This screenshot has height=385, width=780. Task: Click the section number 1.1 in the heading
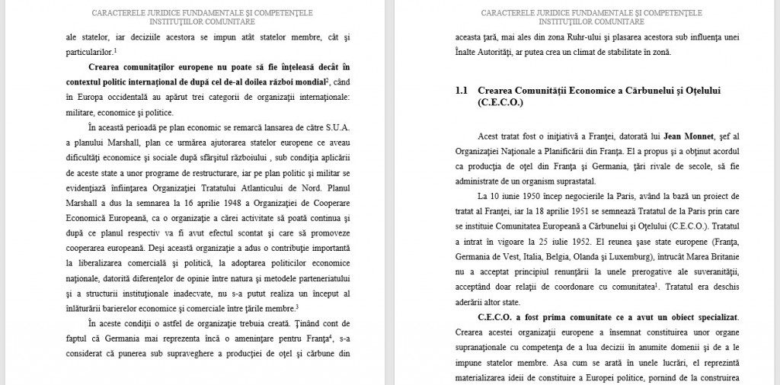tap(461, 91)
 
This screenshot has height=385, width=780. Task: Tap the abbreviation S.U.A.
tap(336, 127)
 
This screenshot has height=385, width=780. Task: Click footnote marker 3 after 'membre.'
tap(297, 306)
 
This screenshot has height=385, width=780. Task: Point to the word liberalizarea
tap(96, 264)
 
